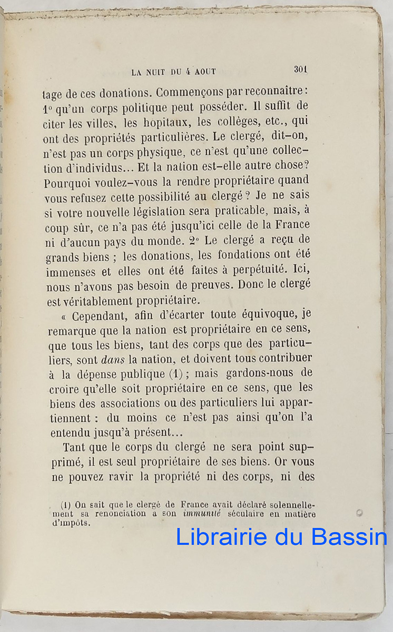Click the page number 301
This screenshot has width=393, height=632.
click(x=300, y=69)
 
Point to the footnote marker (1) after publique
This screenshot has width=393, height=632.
click(x=175, y=374)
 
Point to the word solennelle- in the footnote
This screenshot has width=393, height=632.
click(x=289, y=505)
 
